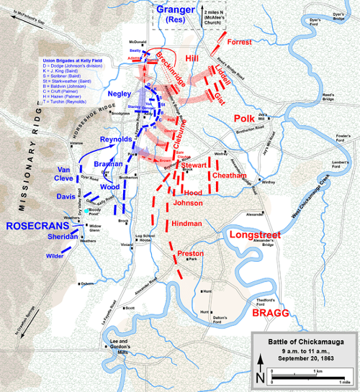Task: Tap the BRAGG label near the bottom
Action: tap(271, 314)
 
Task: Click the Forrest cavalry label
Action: tap(240, 42)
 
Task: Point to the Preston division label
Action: tap(190, 254)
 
